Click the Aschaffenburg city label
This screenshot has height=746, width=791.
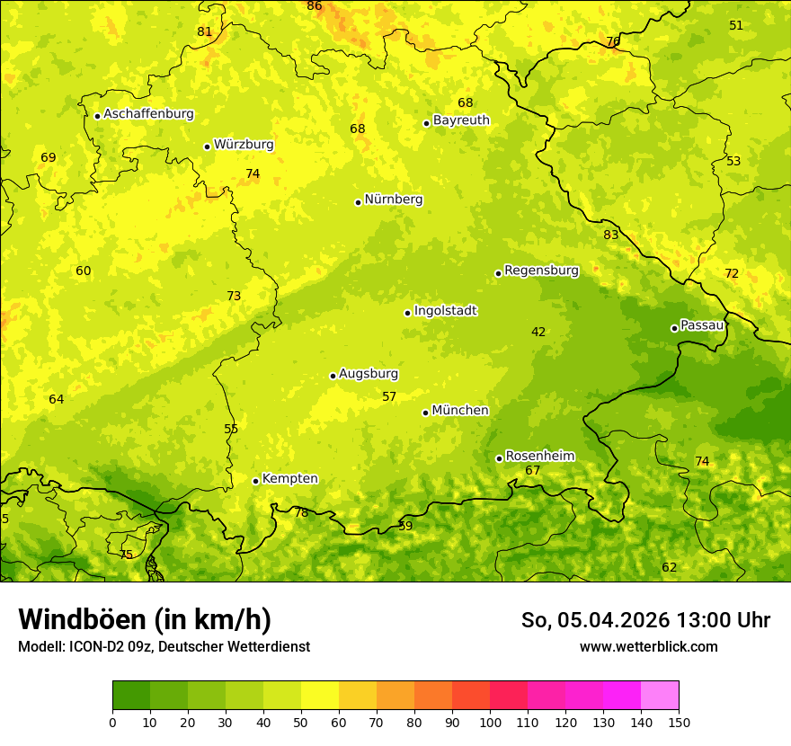pos(148,114)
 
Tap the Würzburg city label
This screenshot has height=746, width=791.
pos(244,145)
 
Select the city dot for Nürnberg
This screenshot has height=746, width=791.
pos(358,202)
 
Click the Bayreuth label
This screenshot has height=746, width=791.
pos(461,120)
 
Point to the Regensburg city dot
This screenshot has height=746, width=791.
pos(498,273)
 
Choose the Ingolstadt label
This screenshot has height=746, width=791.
pos(445,311)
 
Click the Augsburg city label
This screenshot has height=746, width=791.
pos(369,374)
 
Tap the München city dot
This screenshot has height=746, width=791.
pos(425,413)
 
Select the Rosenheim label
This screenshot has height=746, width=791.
pos(539,457)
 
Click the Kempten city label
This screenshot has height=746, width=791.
pos(289,479)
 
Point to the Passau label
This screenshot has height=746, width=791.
pos(701,325)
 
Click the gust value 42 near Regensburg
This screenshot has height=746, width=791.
pos(538,333)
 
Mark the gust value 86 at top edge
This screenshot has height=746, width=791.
pos(315,6)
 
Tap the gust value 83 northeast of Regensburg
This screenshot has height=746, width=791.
pos(611,235)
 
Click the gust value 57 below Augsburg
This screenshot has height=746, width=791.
pos(389,397)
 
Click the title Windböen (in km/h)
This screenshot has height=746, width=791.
pos(145,619)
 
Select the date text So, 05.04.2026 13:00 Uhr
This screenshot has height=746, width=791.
pos(645,620)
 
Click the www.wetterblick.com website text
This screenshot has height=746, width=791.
pos(648,646)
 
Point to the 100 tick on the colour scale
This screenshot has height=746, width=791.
pos(490,722)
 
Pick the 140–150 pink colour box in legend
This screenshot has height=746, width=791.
pos(660,696)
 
